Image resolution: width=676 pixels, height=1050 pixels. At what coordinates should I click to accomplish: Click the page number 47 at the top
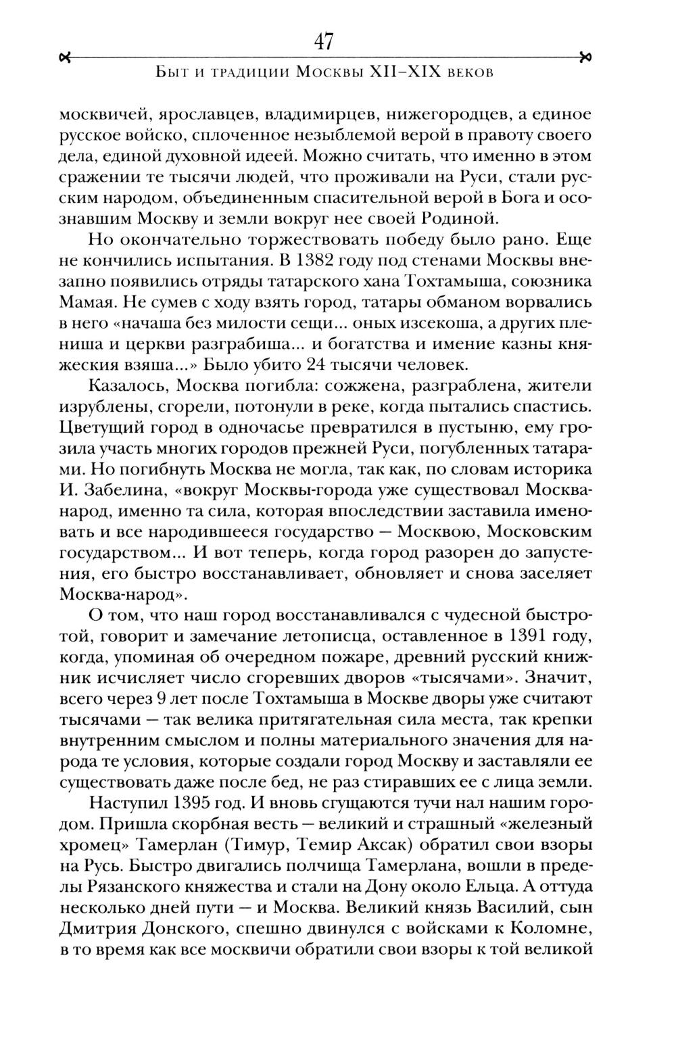(324, 42)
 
